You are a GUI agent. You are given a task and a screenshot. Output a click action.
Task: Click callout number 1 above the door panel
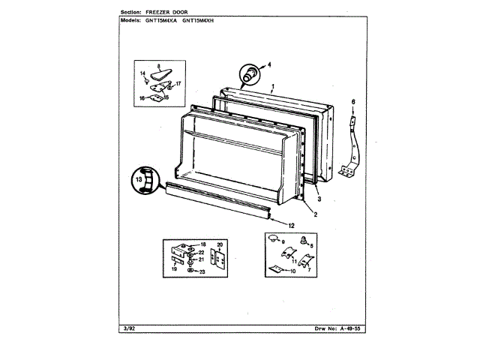274,86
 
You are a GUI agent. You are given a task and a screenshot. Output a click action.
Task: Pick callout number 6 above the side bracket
355,100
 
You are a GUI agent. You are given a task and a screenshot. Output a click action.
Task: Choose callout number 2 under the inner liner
315,215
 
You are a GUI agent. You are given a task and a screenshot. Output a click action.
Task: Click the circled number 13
139,181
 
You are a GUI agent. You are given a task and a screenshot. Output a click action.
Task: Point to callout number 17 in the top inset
179,83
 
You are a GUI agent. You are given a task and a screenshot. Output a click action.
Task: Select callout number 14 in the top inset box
142,73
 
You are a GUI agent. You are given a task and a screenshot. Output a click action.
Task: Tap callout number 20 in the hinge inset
220,245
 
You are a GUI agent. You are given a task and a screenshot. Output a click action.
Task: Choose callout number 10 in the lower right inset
292,271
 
